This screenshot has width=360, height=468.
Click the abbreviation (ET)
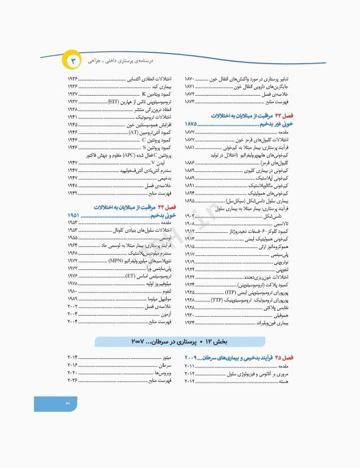pos(130,276)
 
